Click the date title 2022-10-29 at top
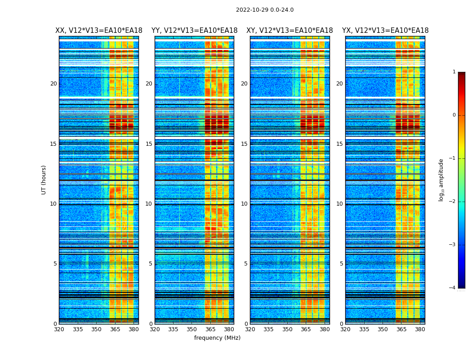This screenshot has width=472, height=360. (264, 10)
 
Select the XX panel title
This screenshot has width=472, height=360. (99, 31)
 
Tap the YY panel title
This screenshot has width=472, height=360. (194, 31)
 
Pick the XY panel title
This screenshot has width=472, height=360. (289, 31)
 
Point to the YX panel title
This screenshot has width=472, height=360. (385, 31)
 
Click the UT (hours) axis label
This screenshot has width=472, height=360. (44, 180)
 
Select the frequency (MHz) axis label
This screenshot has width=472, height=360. (217, 338)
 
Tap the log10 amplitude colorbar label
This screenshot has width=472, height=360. (441, 180)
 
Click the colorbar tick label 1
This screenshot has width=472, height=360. (454, 72)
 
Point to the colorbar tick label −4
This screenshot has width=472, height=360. (452, 288)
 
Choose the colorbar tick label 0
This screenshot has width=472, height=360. (454, 115)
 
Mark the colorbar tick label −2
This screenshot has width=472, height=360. (452, 202)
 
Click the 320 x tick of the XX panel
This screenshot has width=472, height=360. (59, 329)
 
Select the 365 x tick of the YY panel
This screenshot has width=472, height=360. (210, 329)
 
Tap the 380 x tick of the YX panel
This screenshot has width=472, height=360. (420, 329)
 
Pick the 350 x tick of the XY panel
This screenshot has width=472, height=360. (287, 329)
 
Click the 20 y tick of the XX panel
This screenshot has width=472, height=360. (53, 84)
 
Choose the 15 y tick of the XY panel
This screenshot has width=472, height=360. (244, 144)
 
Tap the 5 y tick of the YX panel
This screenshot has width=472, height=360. (341, 264)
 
